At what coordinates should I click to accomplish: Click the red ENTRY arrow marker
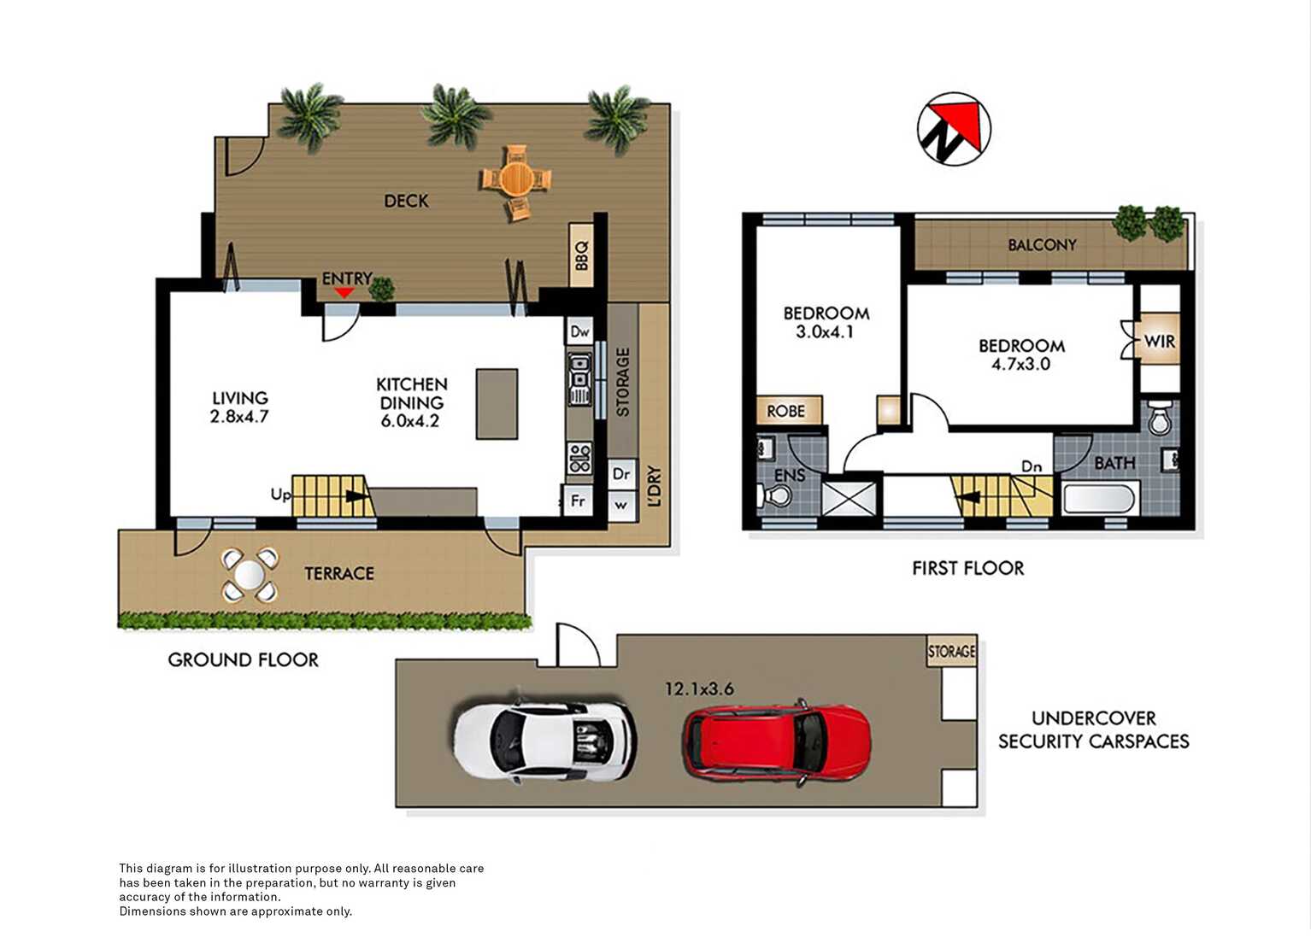tap(344, 292)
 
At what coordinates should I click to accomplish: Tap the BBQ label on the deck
tap(581, 256)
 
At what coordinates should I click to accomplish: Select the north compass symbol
tap(954, 129)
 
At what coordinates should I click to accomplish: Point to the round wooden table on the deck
tap(515, 178)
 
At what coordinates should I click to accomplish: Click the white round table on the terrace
tap(250, 575)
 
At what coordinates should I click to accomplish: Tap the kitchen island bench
tap(497, 404)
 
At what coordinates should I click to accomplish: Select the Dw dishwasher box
tap(579, 331)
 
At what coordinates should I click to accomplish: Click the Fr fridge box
tap(578, 501)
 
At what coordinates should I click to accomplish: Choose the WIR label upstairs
tap(1160, 341)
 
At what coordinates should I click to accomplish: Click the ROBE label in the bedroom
tap(786, 411)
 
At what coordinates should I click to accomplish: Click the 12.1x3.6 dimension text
tap(699, 689)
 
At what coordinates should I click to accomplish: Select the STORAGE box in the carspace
tap(952, 651)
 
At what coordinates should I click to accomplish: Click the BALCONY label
tap(1042, 245)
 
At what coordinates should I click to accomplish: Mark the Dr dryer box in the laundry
tap(621, 473)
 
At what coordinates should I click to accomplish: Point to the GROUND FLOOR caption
tap(243, 660)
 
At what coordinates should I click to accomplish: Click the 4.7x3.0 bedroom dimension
tap(1020, 364)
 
